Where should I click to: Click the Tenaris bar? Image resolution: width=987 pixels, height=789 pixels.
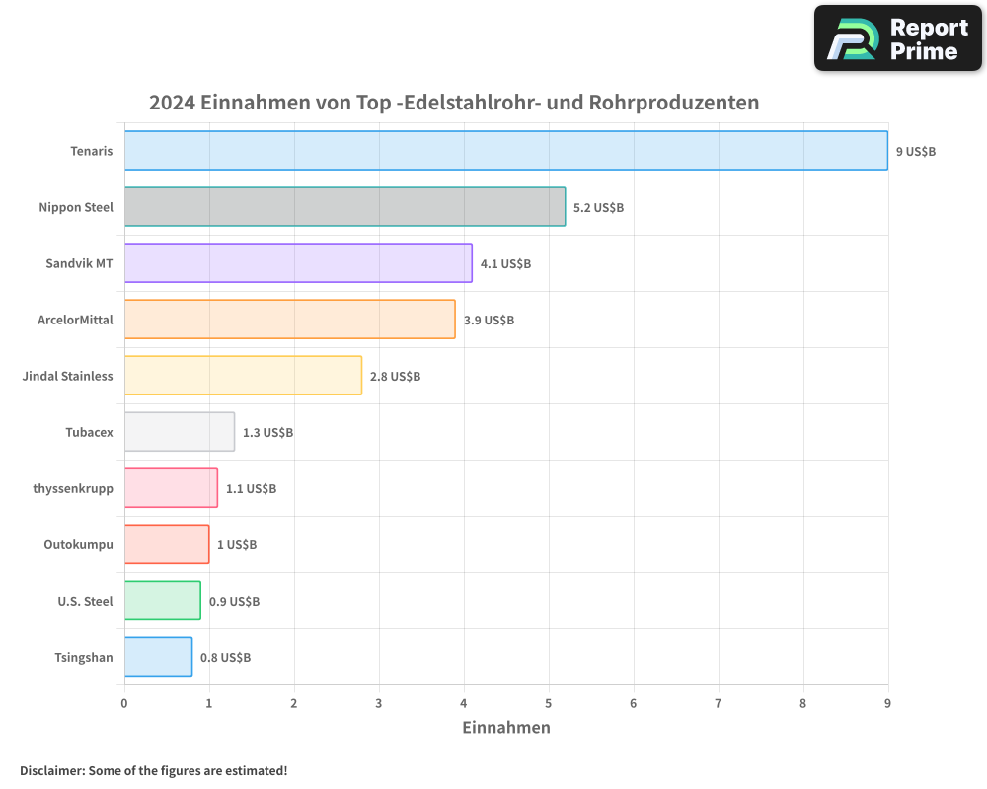tap(505, 151)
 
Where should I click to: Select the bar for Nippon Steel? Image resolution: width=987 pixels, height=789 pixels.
tap(344, 207)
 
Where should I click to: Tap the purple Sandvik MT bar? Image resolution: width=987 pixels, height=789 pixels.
tap(298, 263)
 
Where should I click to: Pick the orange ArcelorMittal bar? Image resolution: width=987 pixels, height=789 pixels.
tap(289, 320)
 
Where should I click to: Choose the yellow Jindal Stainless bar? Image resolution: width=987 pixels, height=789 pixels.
tap(243, 376)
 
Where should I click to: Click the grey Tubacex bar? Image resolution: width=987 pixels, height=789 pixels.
tap(179, 432)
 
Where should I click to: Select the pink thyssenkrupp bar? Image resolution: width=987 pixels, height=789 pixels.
tap(171, 488)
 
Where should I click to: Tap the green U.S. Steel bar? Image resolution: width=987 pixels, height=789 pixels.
tap(162, 601)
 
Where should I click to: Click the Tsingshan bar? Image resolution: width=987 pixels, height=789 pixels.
tap(158, 657)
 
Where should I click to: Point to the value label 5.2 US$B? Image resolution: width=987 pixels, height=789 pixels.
tap(598, 208)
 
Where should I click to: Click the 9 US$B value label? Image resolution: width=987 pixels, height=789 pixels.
tap(915, 152)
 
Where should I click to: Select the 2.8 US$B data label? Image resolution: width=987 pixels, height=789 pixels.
tap(395, 377)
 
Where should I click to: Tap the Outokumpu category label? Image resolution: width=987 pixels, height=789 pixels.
tap(78, 544)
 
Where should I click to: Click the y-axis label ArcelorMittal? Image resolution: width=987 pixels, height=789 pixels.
tap(75, 320)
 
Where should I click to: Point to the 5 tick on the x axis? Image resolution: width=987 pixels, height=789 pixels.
tap(549, 703)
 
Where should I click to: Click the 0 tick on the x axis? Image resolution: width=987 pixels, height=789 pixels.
tap(124, 703)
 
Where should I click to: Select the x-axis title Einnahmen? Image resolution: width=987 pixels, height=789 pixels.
tap(505, 728)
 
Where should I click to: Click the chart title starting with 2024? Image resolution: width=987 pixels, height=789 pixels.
tap(454, 103)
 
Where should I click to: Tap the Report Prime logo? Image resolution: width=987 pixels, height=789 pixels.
tap(898, 38)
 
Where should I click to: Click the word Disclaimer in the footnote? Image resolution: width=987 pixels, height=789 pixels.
tap(50, 770)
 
